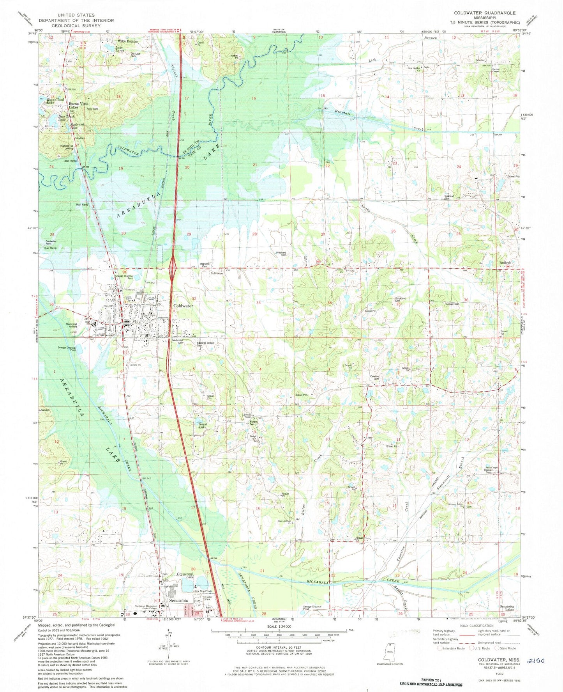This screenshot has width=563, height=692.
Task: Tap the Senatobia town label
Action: tap(178, 601)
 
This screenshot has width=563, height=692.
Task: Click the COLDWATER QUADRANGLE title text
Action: tap(485, 13)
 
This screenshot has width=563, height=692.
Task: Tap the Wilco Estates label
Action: tap(128, 41)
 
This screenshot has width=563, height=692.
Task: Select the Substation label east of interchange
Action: tap(217, 273)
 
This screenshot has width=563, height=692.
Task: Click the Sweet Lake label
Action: tap(202, 426)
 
